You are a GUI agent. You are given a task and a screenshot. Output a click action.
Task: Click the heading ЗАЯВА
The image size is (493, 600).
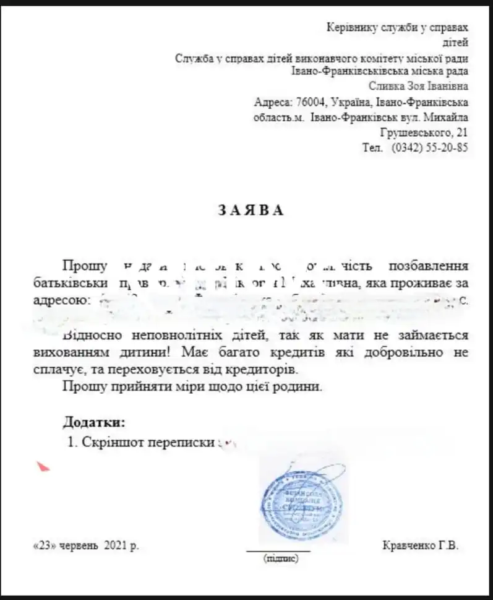click(251, 210)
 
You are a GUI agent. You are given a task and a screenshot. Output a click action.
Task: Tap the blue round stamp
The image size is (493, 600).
click(301, 502)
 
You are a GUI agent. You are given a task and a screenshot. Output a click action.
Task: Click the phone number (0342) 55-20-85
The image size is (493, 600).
click(430, 148)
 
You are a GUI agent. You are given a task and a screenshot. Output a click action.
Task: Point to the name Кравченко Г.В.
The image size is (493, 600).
click(421, 546)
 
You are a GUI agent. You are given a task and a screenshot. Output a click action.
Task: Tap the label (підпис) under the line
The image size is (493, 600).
click(281, 559)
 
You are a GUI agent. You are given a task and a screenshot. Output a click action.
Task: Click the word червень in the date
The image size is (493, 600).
click(80, 546)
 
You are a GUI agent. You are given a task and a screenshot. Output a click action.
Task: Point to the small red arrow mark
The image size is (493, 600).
click(43, 466)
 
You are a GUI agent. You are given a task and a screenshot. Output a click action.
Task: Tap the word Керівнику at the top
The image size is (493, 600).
click(353, 27)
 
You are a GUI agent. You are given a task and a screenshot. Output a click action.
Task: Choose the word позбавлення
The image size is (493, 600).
click(428, 266)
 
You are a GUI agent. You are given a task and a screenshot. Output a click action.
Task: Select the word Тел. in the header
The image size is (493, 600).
click(373, 148)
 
